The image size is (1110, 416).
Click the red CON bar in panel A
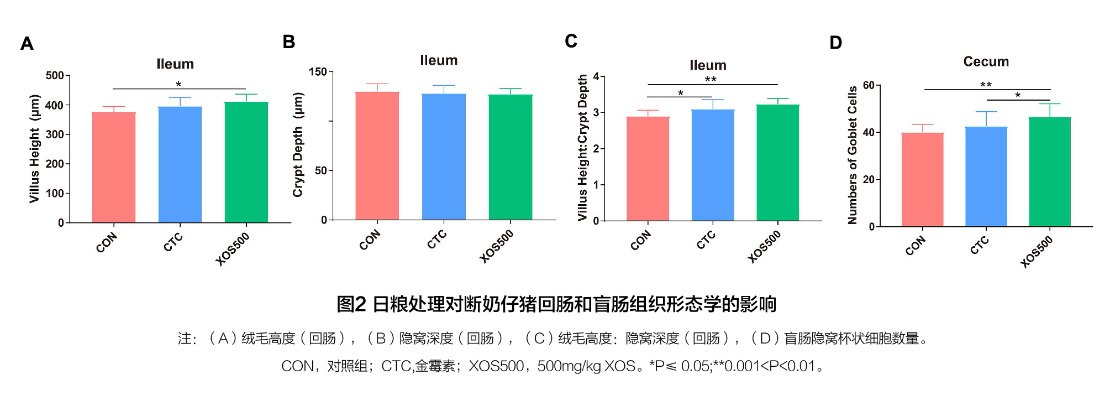coord(114,167)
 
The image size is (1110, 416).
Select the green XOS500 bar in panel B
coord(510,157)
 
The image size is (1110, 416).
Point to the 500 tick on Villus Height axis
coord(55,75)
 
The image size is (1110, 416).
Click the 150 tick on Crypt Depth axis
coord(318,72)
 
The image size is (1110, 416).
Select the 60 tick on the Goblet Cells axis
coord(869,85)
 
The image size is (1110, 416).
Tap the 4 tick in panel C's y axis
coord(596,76)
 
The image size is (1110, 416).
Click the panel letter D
coord(835,43)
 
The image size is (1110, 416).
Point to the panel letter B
coord(288,42)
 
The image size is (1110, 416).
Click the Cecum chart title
coord(986,61)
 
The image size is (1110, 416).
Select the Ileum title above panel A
coord(175,64)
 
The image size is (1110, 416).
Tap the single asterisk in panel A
coord(178,85)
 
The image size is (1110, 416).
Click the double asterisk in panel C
coord(711,80)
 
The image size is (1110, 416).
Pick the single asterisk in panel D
coord(1018,96)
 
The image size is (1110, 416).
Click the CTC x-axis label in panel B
coord(436,240)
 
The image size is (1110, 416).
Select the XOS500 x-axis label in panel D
coord(1037,252)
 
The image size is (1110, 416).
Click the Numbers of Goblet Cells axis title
coord(853,155)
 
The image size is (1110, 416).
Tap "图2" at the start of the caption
coord(351,304)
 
